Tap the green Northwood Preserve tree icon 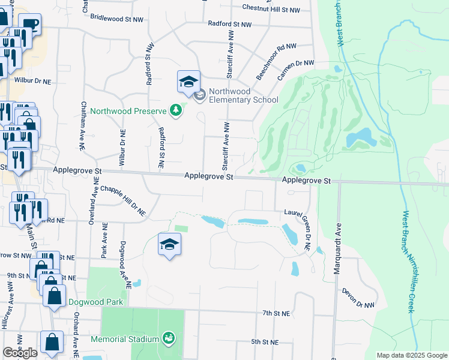pyautogui.click(x=175, y=111)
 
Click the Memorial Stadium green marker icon pyautogui.click(x=169, y=339)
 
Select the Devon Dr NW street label pyautogui.click(x=358, y=298)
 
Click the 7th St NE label pyautogui.click(x=276, y=313)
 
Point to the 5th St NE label pyautogui.click(x=265, y=342)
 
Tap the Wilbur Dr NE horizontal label pyautogui.click(x=33, y=79)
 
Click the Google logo pyautogui.click(x=20, y=353)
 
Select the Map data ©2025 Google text pyautogui.click(x=411, y=355)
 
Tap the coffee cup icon pyautogui.click(x=29, y=25)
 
